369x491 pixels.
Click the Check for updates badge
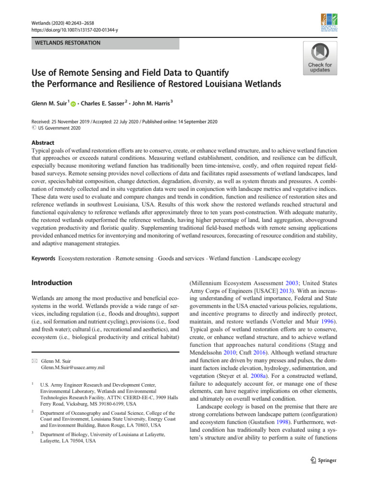320,58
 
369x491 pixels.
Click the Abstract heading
43,143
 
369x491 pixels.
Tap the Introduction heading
52,283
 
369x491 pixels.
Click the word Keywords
43,258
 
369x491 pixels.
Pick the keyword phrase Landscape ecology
278,258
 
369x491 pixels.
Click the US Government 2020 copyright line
58,128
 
